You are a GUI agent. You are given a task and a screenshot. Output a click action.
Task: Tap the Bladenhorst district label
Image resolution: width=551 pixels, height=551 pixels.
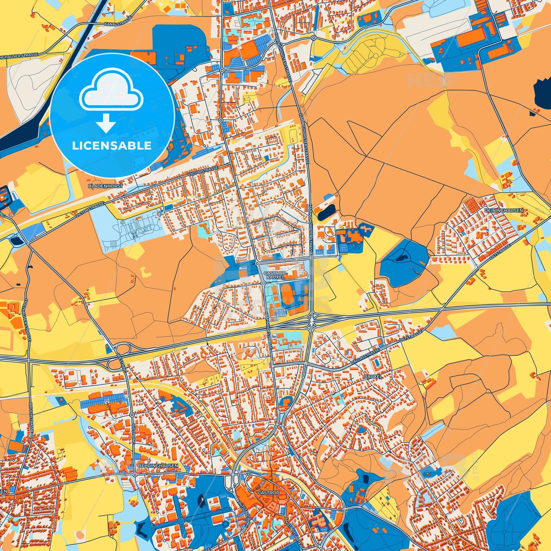105,186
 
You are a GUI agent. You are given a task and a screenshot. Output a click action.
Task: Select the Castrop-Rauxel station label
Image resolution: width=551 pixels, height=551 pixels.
275,275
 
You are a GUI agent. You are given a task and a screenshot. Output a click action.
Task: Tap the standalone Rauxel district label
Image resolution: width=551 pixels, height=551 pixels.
373,376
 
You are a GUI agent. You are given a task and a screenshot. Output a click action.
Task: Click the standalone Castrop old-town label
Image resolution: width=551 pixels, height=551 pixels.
268,493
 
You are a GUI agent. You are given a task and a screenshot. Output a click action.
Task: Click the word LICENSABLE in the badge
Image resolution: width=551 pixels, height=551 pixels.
112,145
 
